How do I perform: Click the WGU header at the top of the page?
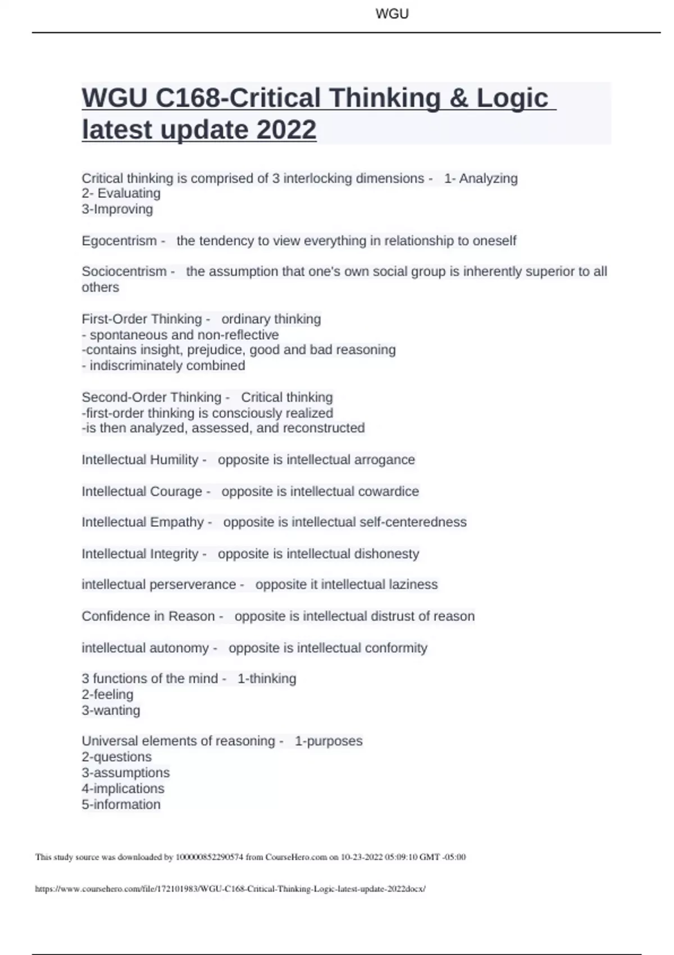pyautogui.click(x=391, y=14)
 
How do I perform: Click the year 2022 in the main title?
pyautogui.click(x=286, y=130)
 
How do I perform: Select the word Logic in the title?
pyautogui.click(x=512, y=98)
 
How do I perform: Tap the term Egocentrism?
pyautogui.click(x=119, y=241)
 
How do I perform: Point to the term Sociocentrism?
pyautogui.click(x=124, y=272)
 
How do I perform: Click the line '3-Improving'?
pyautogui.click(x=117, y=210)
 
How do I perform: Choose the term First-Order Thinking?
pyautogui.click(x=142, y=319)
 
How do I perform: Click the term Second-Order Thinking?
pyautogui.click(x=151, y=397)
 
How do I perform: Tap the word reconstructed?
pyautogui.click(x=324, y=428)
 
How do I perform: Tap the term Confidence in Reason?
pyautogui.click(x=148, y=616)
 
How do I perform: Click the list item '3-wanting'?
pyautogui.click(x=111, y=711)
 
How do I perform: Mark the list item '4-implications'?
pyautogui.click(x=123, y=789)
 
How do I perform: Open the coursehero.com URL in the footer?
pyautogui.click(x=230, y=889)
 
